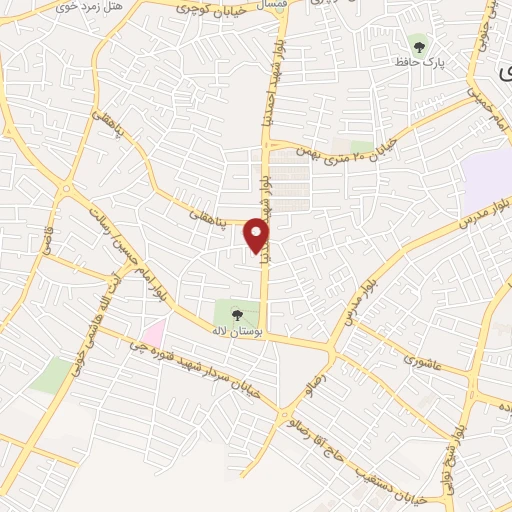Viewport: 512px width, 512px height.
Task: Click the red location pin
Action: [257, 235]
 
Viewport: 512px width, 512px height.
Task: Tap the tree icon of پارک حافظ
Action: [418, 43]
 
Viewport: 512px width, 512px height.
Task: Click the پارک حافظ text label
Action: [422, 63]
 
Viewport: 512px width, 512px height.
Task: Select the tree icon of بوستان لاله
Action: [236, 314]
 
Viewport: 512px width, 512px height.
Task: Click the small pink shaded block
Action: [152, 331]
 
